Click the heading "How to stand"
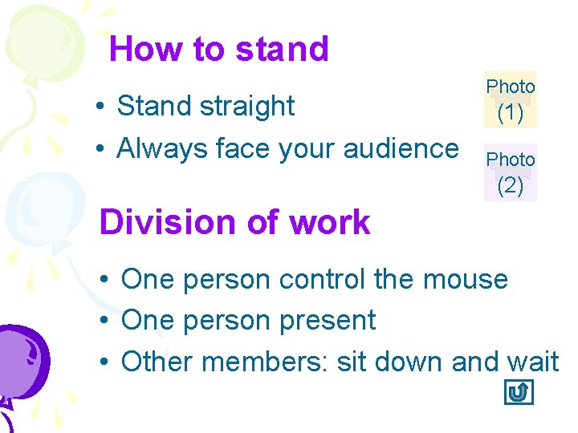click(x=218, y=49)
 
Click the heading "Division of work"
click(x=234, y=222)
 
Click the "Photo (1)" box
click(x=511, y=99)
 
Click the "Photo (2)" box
click(x=511, y=173)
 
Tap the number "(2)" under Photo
click(x=511, y=186)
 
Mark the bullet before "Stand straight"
click(x=96, y=107)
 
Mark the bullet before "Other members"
click(x=105, y=363)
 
